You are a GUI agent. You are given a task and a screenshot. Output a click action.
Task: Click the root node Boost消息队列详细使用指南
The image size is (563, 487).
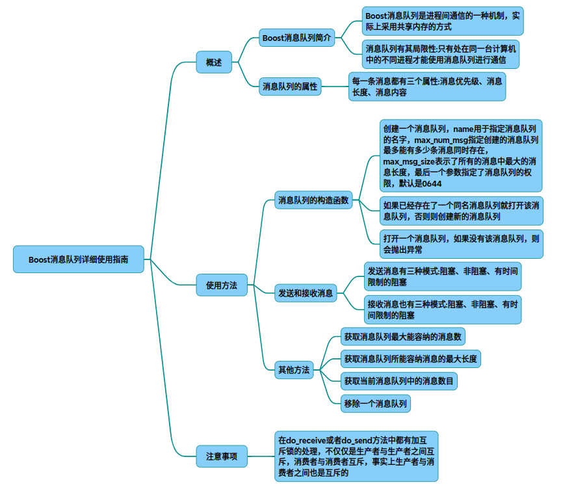tap(78, 259)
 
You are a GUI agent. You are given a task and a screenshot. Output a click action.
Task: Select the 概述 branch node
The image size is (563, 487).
tap(214, 62)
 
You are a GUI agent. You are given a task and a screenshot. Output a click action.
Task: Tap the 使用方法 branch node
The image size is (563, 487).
tap(222, 285)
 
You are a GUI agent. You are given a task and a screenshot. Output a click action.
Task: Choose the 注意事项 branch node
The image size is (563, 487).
tap(222, 456)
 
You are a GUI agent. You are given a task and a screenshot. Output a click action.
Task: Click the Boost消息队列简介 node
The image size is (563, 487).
tap(297, 38)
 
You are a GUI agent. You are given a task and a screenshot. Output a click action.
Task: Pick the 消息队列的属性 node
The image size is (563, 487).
tap(290, 86)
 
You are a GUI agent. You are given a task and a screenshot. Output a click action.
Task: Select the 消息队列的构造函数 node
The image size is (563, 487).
tap(313, 200)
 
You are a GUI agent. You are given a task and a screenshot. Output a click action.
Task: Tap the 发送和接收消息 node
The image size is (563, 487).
tap(306, 293)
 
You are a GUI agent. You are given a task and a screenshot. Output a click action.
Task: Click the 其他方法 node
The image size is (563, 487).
tap(294, 370)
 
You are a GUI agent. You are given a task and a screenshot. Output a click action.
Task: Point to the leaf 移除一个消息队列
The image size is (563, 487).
tap(376, 404)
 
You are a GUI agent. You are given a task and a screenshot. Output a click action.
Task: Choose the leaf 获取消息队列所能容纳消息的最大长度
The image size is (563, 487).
tap(412, 358)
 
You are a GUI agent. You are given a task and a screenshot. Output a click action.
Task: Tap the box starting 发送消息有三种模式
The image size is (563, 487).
tap(443, 276)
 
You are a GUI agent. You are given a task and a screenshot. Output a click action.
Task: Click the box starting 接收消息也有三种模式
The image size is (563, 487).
tap(443, 309)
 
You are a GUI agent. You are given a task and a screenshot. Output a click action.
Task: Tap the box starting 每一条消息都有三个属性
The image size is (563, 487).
tap(426, 86)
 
